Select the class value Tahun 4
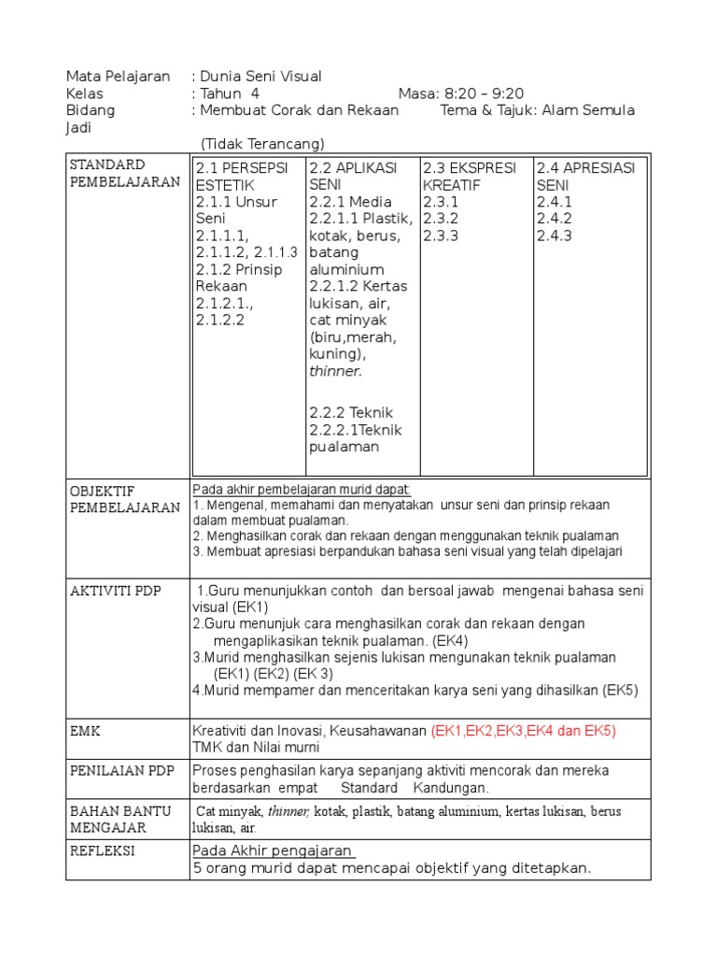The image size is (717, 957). click(x=229, y=93)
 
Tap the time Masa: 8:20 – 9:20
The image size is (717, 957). click(x=460, y=93)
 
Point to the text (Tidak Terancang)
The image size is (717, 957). click(x=262, y=143)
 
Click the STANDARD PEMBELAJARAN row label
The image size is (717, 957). click(x=125, y=174)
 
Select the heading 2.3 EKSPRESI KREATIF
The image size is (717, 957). click(x=469, y=176)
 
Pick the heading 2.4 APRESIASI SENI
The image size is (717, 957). click(x=585, y=176)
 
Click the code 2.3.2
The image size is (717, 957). click(x=441, y=219)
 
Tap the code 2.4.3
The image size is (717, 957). click(x=555, y=236)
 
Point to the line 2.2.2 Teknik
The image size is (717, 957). click(x=351, y=412)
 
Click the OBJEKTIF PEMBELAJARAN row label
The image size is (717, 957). click(x=125, y=499)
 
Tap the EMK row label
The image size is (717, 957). click(x=86, y=730)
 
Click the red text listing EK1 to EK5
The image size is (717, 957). click(x=524, y=730)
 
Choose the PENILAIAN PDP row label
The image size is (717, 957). click(x=120, y=771)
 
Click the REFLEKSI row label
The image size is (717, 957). click(x=103, y=850)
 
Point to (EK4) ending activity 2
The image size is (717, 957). click(x=450, y=641)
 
